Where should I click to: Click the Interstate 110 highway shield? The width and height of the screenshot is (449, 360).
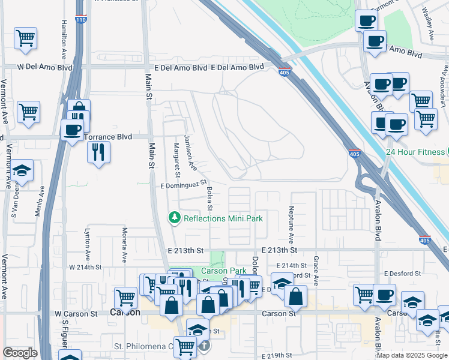click(x=80, y=20)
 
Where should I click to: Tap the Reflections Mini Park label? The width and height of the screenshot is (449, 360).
click(x=223, y=218)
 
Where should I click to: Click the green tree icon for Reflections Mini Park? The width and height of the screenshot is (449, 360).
click(x=175, y=217)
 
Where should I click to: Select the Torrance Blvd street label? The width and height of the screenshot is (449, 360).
click(x=107, y=137)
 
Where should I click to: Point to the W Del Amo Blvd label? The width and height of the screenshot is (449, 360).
click(x=45, y=68)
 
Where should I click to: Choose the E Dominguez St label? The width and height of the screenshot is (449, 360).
click(x=183, y=187)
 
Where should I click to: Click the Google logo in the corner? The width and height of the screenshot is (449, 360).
click(x=20, y=353)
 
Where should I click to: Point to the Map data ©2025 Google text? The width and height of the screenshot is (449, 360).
click(x=412, y=355)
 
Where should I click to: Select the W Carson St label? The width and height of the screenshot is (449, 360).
click(x=76, y=313)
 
